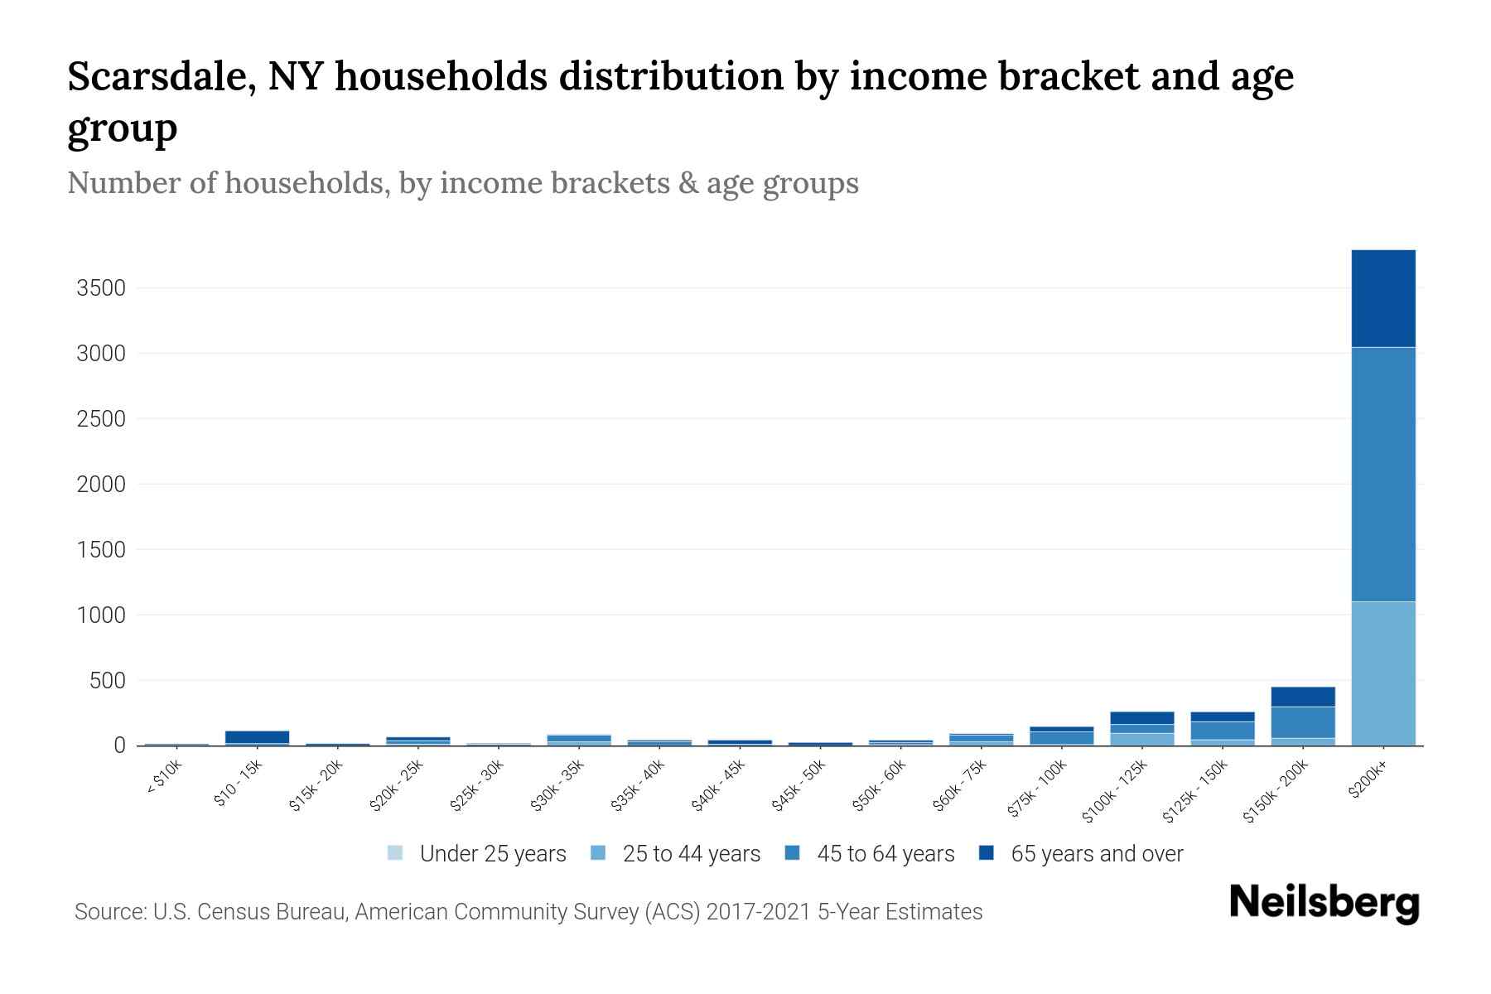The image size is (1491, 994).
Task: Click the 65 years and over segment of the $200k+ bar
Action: pos(1382,298)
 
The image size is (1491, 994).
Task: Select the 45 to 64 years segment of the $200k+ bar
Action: pos(1382,474)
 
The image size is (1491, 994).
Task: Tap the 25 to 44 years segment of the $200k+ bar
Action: pos(1382,673)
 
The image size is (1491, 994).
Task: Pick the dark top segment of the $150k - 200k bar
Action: pos(1302,697)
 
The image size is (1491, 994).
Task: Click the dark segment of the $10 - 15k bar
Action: pos(257,736)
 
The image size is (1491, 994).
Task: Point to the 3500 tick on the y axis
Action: pos(100,288)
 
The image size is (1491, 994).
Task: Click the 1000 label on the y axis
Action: pos(100,615)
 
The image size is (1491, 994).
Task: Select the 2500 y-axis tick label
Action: pos(100,419)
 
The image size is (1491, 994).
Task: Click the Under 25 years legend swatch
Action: pos(395,852)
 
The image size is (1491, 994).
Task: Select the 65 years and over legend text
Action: pos(1097,854)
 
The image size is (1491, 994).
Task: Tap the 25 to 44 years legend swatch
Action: pos(598,852)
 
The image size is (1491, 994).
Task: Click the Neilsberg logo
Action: pos(1324,902)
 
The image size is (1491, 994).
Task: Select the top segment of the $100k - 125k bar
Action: pos(1141,718)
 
